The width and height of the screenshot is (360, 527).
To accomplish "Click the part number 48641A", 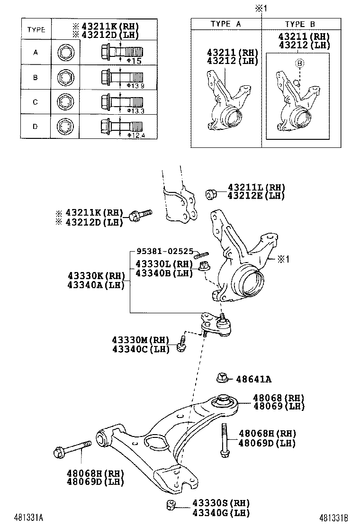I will click(254, 379).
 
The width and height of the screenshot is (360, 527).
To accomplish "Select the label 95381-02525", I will click(164, 251).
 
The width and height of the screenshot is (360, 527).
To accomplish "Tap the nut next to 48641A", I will click(221, 378).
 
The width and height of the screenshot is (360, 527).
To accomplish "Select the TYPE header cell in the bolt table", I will click(36, 29).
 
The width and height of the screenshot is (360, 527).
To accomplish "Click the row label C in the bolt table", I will click(36, 102).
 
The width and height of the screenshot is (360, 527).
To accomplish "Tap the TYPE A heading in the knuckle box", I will click(226, 24).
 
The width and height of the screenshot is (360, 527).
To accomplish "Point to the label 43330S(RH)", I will click(221, 503).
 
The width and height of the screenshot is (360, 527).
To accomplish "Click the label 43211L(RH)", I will click(256, 188).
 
